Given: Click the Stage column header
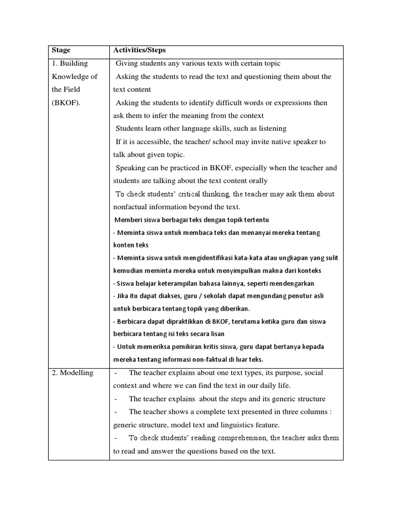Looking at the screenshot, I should coord(61,51).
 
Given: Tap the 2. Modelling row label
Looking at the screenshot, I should coord(72,373).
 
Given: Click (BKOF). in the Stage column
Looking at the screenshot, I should coord(66,103).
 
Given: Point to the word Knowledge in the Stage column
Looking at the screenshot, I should coord(70,77).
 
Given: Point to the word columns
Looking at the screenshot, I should coord(313,412).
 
